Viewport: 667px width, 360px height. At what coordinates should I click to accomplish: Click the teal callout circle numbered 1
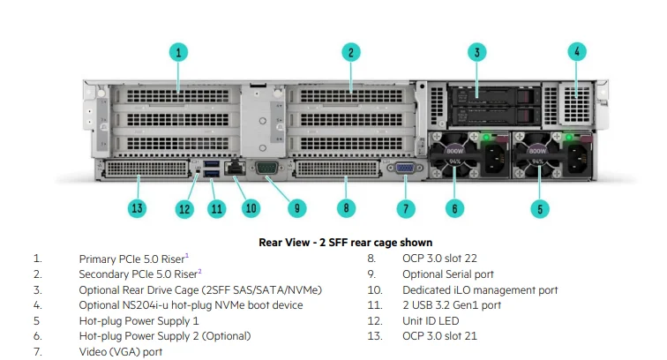coord(178,52)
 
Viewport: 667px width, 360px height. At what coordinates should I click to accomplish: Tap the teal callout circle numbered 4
coord(577,52)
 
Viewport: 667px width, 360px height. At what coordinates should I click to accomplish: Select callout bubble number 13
coord(137,209)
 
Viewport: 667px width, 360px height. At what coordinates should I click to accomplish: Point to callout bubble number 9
coord(296,209)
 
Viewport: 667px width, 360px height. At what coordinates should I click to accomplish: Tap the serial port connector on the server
coord(266,167)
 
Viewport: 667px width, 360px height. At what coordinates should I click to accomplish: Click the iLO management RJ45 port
coord(235,166)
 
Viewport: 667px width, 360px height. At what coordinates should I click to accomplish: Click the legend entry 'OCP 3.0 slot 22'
coord(439,259)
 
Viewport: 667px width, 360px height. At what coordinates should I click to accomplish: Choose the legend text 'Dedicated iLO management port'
coord(480,289)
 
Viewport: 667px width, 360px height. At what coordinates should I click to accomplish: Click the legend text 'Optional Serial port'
coord(448,274)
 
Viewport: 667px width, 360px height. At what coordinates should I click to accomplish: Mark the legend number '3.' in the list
coord(37,289)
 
